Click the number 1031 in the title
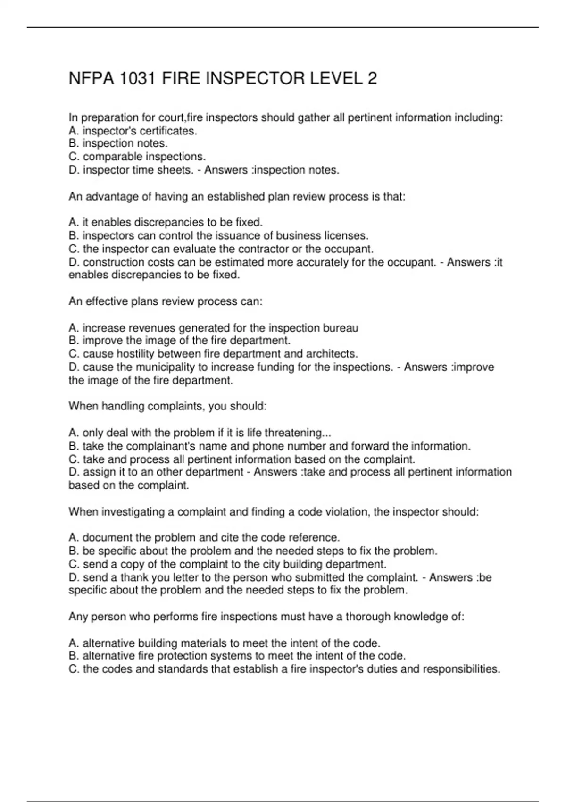pos(137,78)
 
